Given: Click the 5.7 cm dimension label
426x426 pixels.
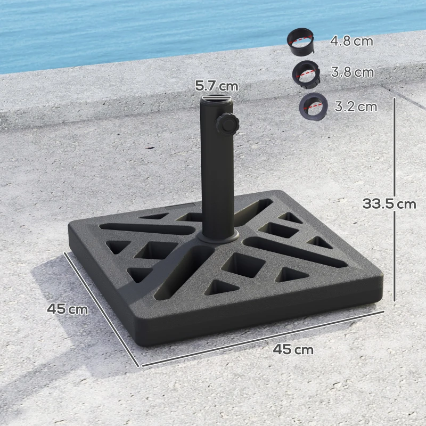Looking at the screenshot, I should coord(216,85).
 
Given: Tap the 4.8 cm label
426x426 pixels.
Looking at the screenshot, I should coord(351,41).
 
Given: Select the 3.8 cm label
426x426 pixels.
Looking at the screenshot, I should coord(353,72).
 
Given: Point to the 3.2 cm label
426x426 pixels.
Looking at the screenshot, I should coord(356,106).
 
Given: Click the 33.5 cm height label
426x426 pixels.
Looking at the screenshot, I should coord(389,203).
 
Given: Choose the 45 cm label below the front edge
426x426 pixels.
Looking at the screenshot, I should coord(293,349).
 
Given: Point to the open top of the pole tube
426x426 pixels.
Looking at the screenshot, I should coord(216,99).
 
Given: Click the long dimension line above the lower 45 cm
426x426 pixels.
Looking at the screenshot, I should coord(261,339).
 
